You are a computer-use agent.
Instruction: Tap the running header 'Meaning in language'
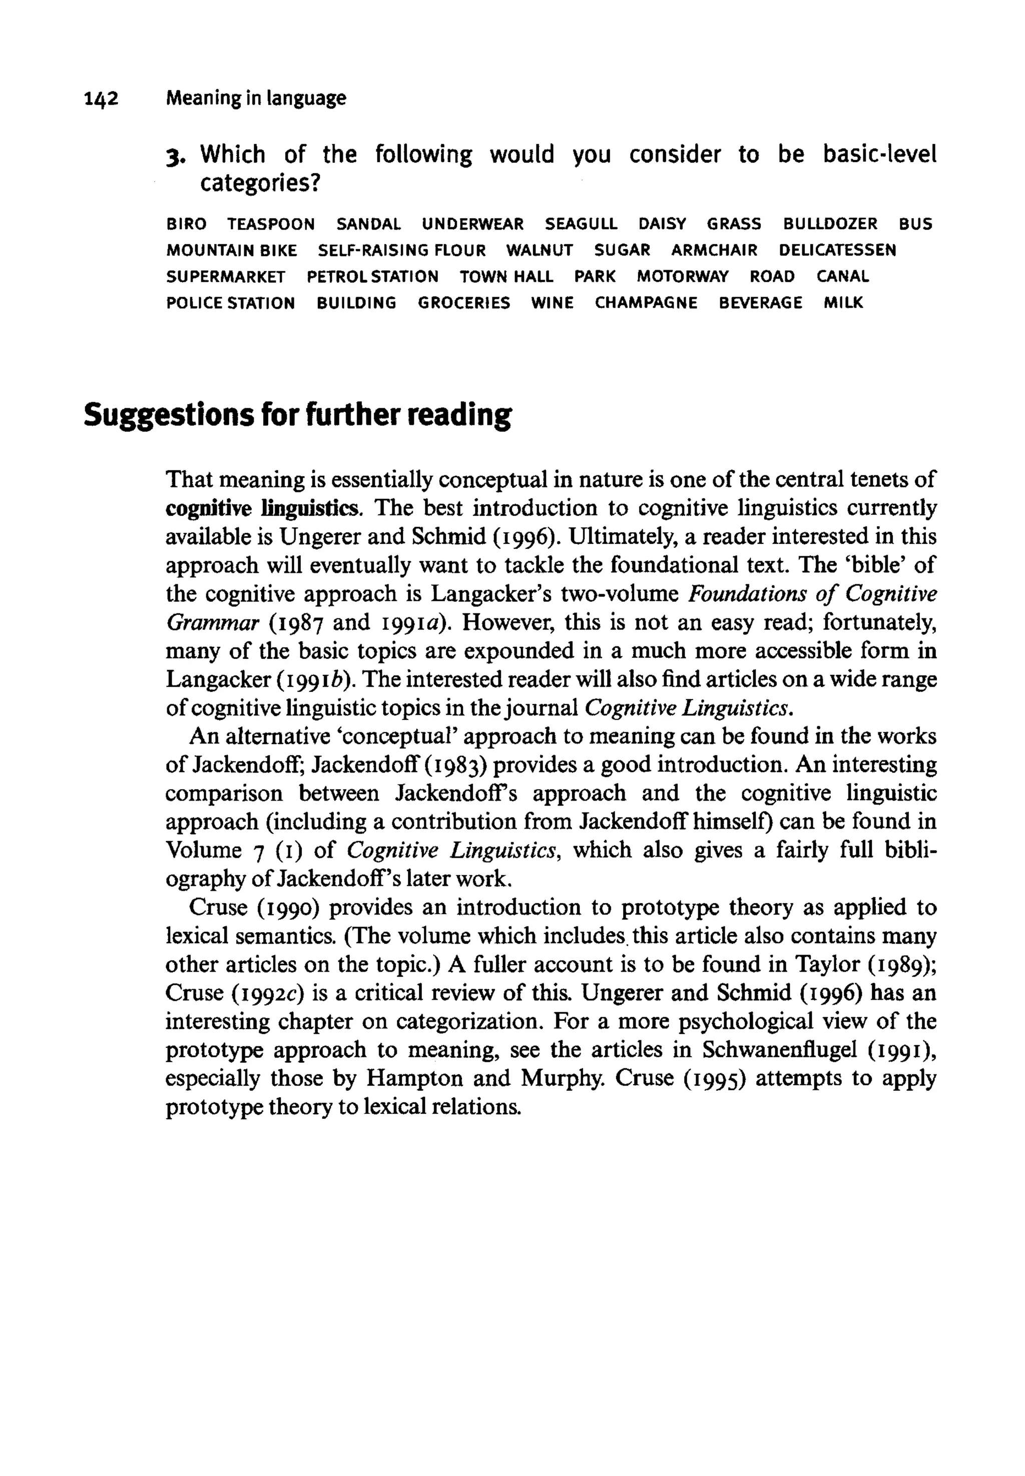pos(256,98)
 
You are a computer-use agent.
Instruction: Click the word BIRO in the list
pos(186,224)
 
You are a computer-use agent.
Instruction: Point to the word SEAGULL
pos(581,224)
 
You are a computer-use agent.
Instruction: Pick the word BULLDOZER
pos(830,224)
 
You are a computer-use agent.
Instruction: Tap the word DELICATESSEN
pos(837,250)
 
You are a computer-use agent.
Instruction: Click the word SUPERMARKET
pos(225,277)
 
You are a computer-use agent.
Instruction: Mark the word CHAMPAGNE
pos(646,303)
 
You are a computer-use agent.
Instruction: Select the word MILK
pos(843,303)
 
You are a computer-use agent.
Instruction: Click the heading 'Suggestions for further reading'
pos(298,415)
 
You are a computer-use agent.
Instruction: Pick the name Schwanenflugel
pos(780,1050)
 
